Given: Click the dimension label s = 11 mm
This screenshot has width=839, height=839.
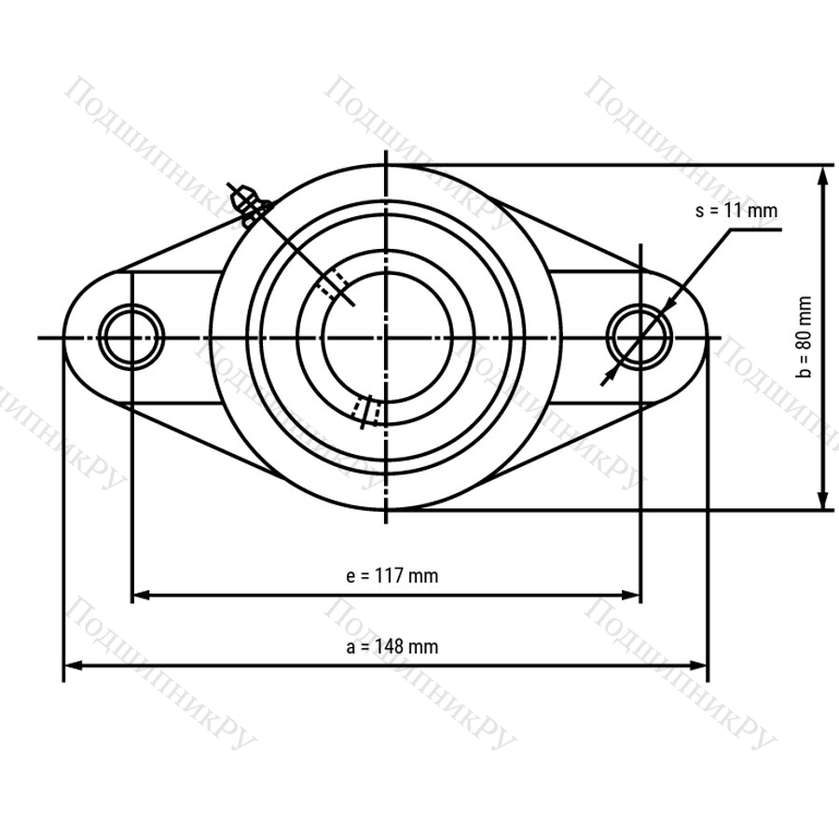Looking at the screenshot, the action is (x=736, y=211).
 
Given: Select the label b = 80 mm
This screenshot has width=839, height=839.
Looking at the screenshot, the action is (x=804, y=337).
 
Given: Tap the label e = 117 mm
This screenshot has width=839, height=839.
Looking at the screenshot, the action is (x=392, y=576).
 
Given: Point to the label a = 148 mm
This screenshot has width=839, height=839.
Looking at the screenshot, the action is (x=392, y=646).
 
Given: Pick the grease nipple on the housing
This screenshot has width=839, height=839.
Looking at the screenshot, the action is (x=248, y=205).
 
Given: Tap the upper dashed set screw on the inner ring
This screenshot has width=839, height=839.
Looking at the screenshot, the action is (x=332, y=282).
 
